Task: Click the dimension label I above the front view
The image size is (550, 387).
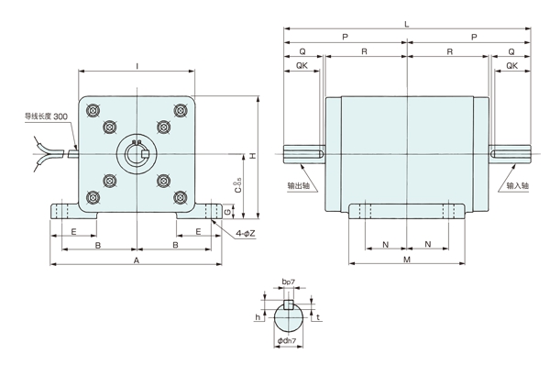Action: click(137, 66)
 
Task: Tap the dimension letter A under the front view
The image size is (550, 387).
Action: click(136, 260)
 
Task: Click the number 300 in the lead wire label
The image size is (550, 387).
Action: click(60, 117)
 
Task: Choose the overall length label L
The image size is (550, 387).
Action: click(406, 24)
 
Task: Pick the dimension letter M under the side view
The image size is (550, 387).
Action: click(406, 260)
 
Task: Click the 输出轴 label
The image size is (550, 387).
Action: click(297, 185)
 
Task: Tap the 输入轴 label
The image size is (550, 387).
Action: click(518, 185)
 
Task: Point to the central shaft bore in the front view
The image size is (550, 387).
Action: click(136, 152)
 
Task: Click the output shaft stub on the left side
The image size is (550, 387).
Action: click(304, 152)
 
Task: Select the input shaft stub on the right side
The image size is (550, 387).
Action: click(509, 152)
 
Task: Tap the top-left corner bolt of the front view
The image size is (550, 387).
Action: click(93, 110)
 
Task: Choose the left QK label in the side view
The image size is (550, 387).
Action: click(302, 66)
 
